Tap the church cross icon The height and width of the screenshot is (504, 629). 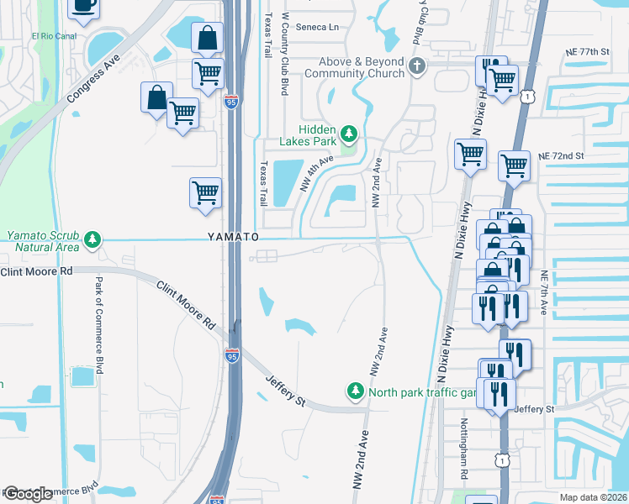pos(414,66)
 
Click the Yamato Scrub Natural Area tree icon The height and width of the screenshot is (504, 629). pos(92,241)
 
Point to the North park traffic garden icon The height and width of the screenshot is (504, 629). pos(356,391)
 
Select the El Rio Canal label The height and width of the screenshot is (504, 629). pos(55,36)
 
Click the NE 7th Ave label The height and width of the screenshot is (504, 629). pos(544,292)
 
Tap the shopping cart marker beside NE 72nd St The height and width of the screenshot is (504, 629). pos(514,165)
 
